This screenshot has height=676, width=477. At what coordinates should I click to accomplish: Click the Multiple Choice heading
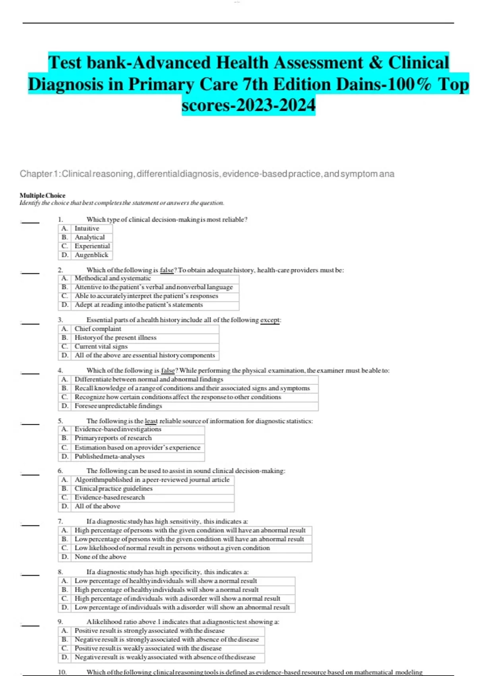(43, 195)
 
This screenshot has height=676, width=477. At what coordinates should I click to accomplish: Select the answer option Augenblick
(91, 255)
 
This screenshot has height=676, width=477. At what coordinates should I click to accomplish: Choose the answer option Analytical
(90, 237)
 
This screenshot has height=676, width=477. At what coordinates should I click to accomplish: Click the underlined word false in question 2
(167, 270)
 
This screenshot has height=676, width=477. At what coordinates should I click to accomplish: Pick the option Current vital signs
(101, 346)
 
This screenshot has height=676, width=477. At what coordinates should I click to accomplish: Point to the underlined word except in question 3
(270, 320)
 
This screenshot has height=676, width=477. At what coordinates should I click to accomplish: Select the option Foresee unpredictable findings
(118, 406)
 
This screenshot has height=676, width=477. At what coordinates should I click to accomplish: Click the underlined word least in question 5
(151, 421)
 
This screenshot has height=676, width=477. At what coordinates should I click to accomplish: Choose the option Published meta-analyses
(109, 456)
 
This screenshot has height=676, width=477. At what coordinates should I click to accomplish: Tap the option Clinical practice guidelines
(113, 489)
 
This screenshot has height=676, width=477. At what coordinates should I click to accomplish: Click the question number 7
(60, 521)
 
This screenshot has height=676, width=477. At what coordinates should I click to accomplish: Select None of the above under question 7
(100, 557)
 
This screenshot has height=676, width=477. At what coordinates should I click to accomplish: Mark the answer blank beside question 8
(30, 575)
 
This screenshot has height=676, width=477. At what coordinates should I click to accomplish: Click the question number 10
(62, 672)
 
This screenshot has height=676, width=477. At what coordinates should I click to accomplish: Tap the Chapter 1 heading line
(207, 174)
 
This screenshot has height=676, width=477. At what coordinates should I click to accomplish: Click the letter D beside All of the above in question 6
(65, 506)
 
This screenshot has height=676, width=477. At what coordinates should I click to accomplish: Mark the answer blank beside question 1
(30, 222)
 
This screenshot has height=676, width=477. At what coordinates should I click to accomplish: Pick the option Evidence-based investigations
(118, 429)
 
